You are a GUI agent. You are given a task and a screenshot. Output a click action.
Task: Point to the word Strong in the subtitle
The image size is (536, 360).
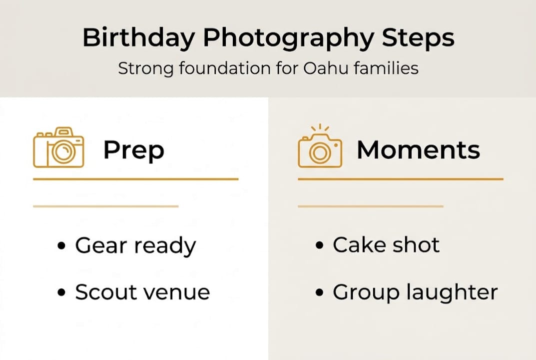pos(145,68)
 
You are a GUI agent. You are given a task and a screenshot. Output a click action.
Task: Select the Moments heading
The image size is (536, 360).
pos(418,149)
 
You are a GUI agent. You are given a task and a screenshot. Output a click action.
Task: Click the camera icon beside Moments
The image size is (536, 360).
pos(320,150)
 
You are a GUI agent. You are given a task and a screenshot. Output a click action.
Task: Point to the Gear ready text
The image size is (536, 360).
pos(135,246)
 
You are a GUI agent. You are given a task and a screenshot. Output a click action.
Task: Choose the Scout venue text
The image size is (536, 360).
pos(142,292)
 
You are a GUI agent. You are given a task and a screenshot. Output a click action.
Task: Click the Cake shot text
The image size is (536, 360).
pos(386,245)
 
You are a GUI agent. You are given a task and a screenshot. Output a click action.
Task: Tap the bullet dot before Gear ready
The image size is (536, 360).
pos(62,246)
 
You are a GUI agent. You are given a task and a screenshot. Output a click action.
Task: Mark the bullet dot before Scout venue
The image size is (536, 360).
pos(62,292)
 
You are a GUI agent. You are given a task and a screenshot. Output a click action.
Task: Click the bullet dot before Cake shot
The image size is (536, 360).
pos(320,245)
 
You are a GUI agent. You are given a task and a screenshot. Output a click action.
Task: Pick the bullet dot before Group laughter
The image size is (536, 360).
pos(320,292)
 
